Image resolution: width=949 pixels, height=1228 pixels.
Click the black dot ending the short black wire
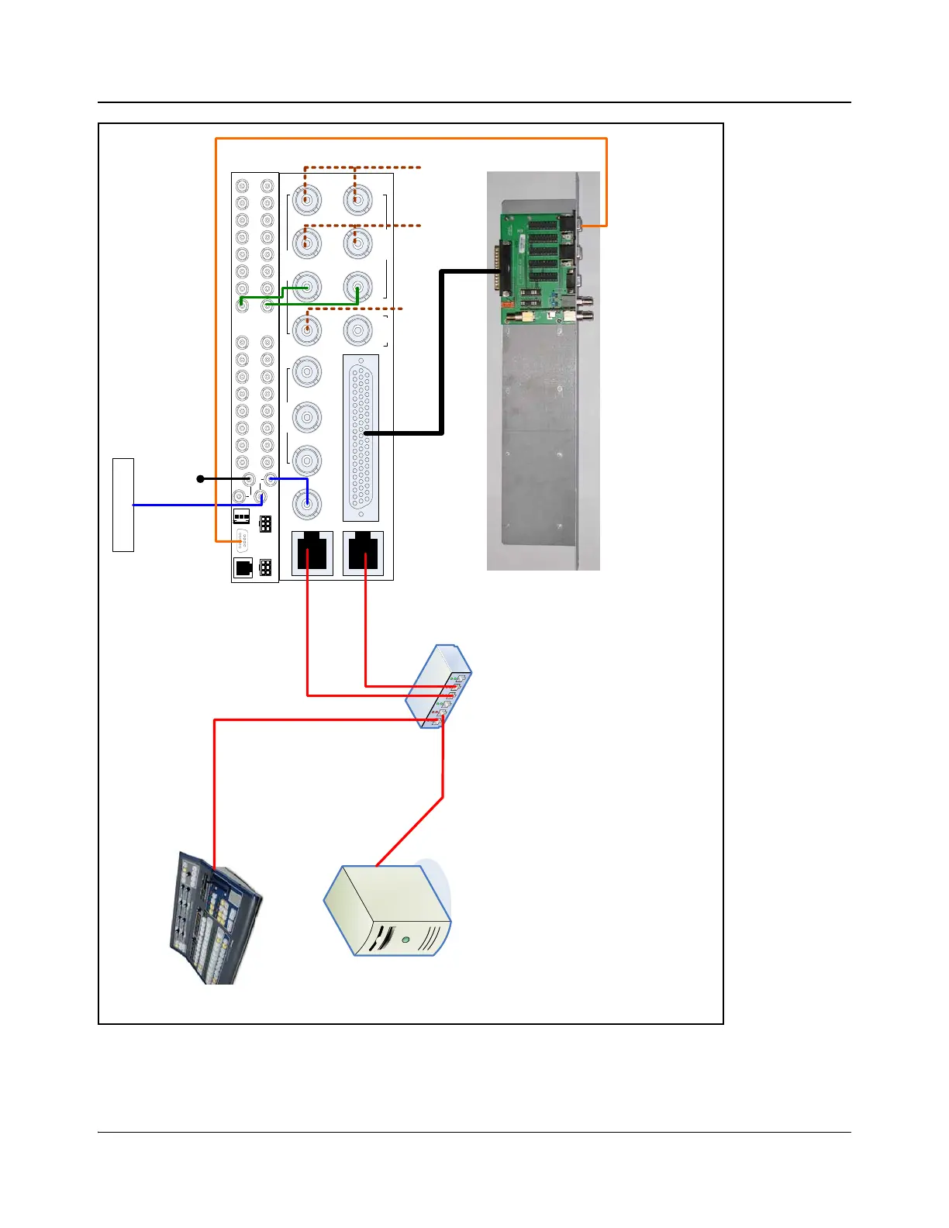click(200, 479)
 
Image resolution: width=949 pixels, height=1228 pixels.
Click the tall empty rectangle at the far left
click(123, 505)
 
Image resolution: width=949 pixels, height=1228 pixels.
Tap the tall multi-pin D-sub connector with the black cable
click(361, 437)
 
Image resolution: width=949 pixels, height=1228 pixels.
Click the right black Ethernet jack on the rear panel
click(363, 553)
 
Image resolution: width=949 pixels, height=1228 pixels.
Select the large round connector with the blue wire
click(307, 504)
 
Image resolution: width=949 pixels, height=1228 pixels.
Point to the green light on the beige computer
click(405, 940)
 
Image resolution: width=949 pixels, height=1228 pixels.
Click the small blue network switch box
click(439, 686)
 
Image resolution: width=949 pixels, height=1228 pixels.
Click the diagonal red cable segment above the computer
click(409, 831)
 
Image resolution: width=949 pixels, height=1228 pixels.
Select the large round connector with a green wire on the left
click(307, 287)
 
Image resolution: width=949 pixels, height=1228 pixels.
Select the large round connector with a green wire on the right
click(357, 287)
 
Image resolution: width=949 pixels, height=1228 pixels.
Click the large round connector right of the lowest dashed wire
click(357, 331)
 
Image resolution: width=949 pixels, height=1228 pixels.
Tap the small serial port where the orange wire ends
click(242, 540)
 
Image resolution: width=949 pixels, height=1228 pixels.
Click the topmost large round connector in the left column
click(307, 200)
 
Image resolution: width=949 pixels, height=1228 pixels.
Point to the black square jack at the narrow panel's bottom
click(243, 568)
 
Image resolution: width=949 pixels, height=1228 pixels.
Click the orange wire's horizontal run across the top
click(411, 139)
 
